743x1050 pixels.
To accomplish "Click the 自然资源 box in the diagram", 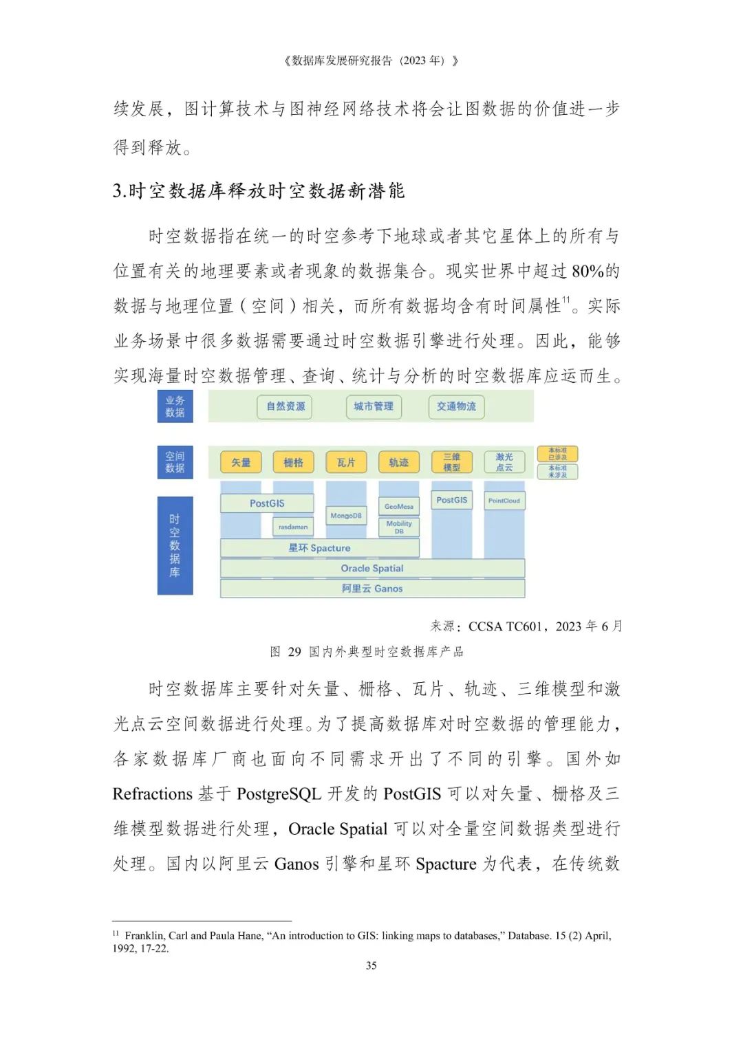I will coord(286,406).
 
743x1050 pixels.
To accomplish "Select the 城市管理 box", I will coord(374,406).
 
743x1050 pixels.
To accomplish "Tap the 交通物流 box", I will coord(456,406).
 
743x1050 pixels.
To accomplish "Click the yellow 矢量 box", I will coord(241,462).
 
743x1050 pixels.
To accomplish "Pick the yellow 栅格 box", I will coord(294,462).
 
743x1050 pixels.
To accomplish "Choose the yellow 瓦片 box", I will coord(346,462).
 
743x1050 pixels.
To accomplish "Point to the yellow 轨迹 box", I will coord(399,462).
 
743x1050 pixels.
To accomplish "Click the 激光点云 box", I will coord(504,462).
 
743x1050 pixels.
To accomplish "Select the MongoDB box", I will coord(346,516).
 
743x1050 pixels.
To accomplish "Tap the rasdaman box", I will coord(293,527).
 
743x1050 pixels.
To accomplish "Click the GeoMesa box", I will coord(399,507).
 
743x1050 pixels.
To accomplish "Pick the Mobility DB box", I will coord(399,527).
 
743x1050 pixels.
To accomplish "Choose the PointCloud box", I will coord(504,501).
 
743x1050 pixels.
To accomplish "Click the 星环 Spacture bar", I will coord(319,548).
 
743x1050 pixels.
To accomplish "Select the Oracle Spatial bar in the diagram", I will coord(372,569).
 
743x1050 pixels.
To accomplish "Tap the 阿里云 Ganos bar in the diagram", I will coord(372,589).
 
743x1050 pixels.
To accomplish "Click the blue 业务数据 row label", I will coord(175,406).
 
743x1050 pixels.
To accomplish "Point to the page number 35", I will coord(371,965).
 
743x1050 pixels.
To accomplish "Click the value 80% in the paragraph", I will coord(588,271).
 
